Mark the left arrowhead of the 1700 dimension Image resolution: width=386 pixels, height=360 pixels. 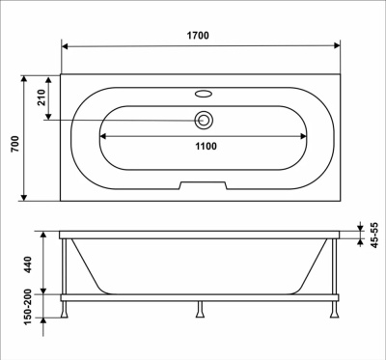66,45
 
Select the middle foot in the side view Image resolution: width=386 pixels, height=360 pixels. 200,311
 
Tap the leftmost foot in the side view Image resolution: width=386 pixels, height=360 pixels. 65,311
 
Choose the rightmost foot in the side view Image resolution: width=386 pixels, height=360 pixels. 337,311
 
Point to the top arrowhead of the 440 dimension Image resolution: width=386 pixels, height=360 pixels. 42,235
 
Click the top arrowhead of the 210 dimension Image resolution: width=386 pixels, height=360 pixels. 42,78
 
